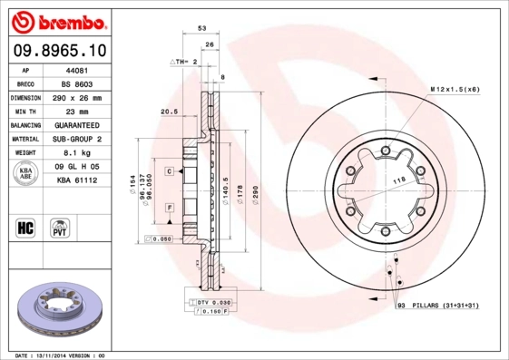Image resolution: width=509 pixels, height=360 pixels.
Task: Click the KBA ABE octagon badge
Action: (26, 174)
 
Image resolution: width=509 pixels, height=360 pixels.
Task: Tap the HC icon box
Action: (26, 227)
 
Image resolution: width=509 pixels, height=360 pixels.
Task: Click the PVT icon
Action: (60, 227)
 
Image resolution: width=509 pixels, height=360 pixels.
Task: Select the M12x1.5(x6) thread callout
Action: (455, 90)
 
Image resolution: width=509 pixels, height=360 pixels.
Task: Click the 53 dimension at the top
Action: (201, 30)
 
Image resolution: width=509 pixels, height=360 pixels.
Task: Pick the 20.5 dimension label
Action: (167, 112)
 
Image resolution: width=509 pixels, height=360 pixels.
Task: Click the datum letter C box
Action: (169, 170)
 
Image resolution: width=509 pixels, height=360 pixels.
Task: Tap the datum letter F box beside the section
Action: (169, 209)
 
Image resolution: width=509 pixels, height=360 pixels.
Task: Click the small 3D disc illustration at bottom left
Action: (60, 307)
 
